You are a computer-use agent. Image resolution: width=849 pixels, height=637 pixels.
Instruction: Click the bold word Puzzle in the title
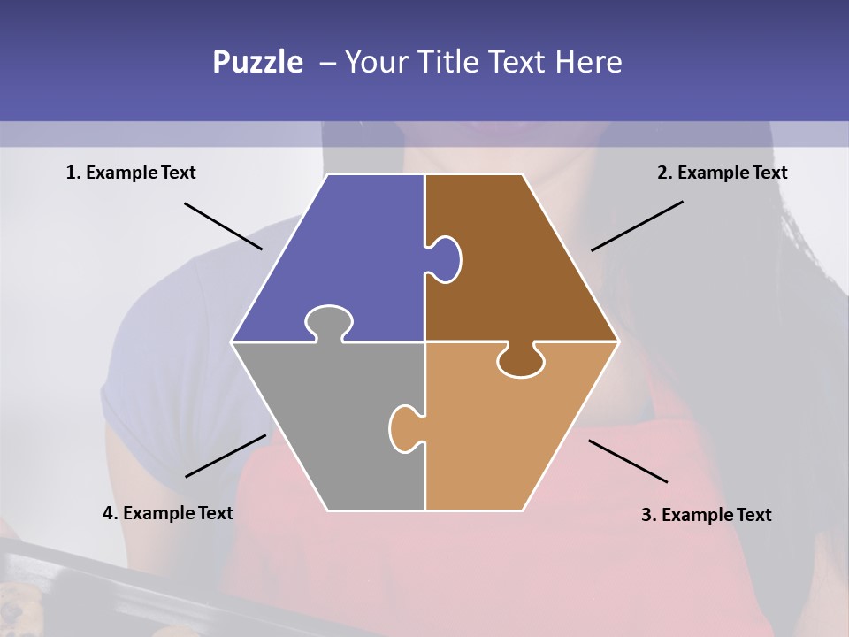point(257,62)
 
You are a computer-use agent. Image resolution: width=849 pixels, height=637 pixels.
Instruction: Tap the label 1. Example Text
point(131,173)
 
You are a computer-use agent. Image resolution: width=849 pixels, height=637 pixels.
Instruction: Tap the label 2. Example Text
point(722,173)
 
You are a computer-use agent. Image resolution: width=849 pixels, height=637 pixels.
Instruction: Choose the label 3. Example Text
point(706,515)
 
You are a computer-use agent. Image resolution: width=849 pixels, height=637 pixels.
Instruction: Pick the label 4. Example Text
point(168,513)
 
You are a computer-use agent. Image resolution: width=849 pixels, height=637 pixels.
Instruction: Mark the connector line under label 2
point(637,226)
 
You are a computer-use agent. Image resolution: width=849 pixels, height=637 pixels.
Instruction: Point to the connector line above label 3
point(628,461)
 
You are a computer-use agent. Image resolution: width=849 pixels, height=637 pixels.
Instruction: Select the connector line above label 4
point(226,456)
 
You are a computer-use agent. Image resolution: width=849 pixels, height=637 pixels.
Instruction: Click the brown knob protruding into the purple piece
point(446,258)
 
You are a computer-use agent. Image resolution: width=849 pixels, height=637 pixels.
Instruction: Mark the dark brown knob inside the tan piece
point(521,361)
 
